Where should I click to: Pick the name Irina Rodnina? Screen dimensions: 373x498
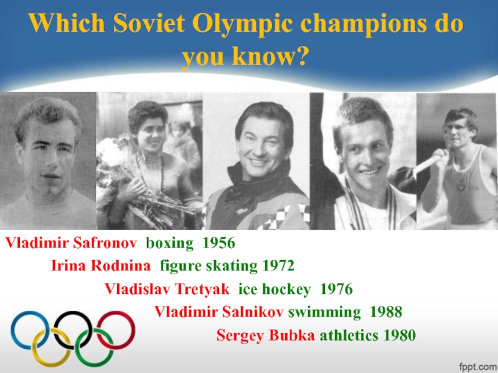100,266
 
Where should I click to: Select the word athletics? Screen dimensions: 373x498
349,336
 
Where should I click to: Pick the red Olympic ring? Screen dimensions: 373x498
116,329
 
